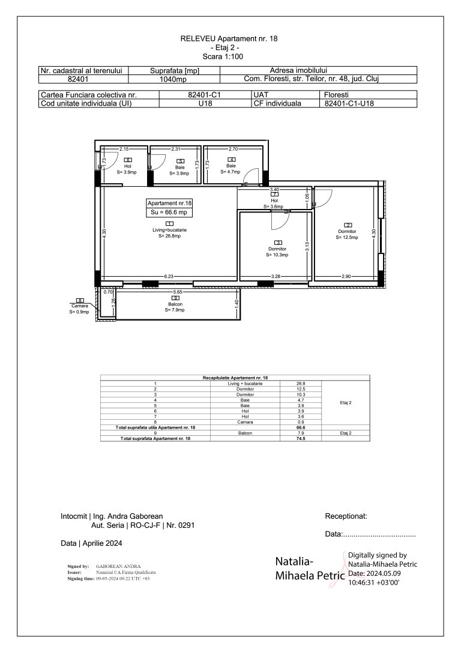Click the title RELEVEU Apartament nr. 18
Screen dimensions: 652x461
pyautogui.click(x=229, y=38)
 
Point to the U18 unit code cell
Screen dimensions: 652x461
pyautogui.click(x=206, y=103)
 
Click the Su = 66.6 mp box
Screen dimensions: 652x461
pyautogui.click(x=169, y=212)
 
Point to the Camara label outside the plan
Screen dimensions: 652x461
pyautogui.click(x=79, y=306)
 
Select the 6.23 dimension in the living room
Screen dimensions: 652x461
pyautogui.click(x=169, y=276)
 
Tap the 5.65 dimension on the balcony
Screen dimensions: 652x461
pyautogui.click(x=177, y=292)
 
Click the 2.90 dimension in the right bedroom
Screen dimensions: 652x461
pyautogui.click(x=346, y=276)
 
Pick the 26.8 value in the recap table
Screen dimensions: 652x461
pyautogui.click(x=301, y=383)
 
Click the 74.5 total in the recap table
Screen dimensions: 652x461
pyautogui.click(x=301, y=439)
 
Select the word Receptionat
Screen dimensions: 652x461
pyautogui.click(x=346, y=516)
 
